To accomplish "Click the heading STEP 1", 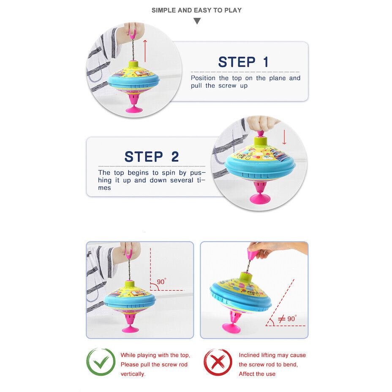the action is [x=243, y=62].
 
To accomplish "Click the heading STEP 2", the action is [x=152, y=157].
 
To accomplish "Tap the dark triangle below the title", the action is [x=197, y=21].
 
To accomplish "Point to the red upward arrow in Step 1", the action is [x=145, y=51].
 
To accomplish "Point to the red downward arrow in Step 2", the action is [x=284, y=137].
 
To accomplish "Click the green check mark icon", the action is [x=101, y=362].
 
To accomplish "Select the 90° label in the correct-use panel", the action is [x=161, y=282].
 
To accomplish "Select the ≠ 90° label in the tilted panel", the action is [x=287, y=318].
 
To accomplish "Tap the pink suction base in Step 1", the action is [x=134, y=109].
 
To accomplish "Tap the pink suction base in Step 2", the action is [x=260, y=199].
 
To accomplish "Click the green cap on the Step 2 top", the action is [x=261, y=142].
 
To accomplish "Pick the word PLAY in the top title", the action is [x=233, y=10].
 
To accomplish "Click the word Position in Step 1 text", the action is [x=203, y=78].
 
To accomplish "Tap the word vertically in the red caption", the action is [x=133, y=374].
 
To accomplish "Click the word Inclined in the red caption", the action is [x=249, y=355].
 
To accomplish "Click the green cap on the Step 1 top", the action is [x=133, y=64].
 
